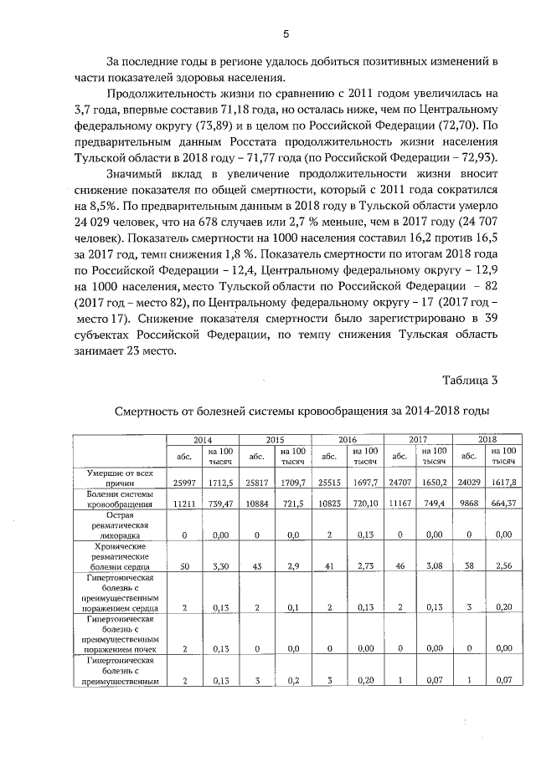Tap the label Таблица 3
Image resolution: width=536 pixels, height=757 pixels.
[470, 381]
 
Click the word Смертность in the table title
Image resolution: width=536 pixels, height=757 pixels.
[147, 411]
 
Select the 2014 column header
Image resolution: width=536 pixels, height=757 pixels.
[203, 438]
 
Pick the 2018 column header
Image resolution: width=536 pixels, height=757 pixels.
[487, 438]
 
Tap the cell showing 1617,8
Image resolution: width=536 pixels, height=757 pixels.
[504, 483]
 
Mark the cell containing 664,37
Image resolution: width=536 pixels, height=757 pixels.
[504, 507]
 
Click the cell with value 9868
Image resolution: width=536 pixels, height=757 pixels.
[469, 507]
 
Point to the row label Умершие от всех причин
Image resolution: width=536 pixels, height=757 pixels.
[121, 478]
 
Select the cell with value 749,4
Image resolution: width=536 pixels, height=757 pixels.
[433, 507]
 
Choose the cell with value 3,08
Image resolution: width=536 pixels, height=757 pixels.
[433, 566]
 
